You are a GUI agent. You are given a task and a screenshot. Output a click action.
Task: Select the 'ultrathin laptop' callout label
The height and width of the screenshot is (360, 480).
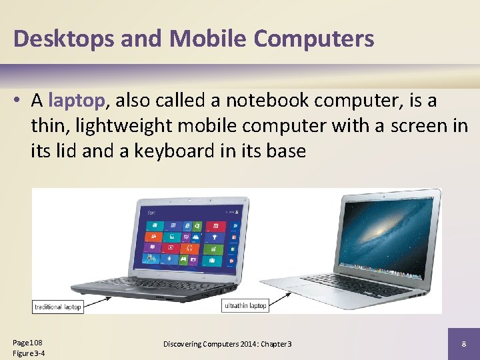point(245,306)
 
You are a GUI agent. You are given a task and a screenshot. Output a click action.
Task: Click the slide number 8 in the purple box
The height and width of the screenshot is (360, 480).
point(463,344)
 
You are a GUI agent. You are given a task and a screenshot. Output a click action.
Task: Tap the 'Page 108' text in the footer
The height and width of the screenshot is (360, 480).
point(27,342)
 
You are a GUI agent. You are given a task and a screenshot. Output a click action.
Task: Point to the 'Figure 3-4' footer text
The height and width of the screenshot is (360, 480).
point(29,353)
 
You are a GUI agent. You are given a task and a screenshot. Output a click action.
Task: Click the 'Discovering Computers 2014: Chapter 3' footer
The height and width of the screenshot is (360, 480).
point(227,344)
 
